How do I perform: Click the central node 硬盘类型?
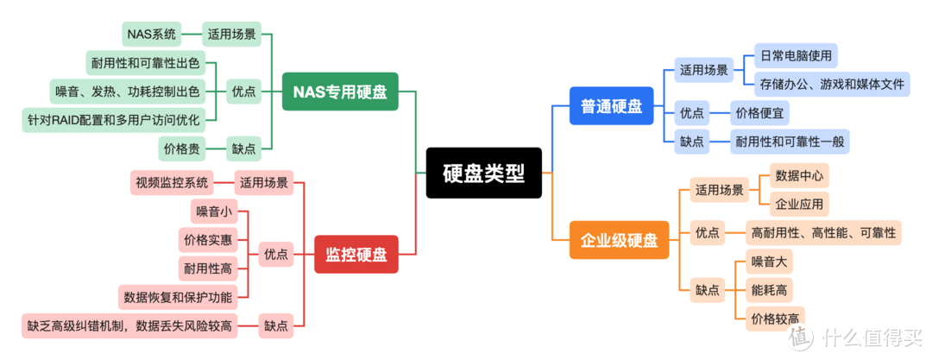click(483, 173)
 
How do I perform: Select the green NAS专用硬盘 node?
click(340, 91)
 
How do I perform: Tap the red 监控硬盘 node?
click(356, 255)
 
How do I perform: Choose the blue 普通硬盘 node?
click(611, 105)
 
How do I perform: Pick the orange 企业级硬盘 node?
click(619, 240)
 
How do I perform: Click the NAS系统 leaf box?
click(151, 35)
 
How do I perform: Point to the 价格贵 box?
click(182, 148)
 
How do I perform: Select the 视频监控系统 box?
click(171, 182)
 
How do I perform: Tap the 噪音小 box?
click(213, 211)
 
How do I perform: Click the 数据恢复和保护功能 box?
click(177, 298)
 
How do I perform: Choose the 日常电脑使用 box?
click(796, 56)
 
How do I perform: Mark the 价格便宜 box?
click(759, 112)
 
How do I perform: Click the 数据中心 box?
click(799, 176)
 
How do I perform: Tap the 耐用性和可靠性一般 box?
click(790, 142)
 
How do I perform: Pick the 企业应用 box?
click(799, 204)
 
